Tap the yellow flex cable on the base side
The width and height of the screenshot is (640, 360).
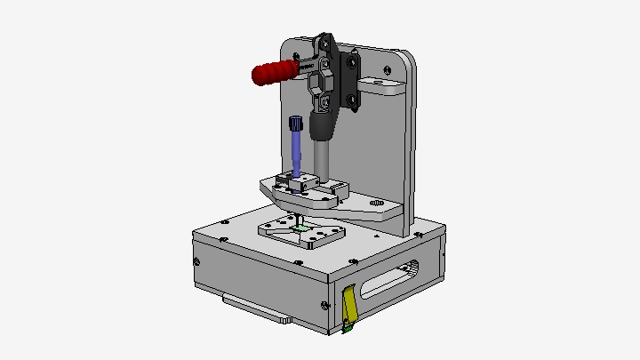coord(350,304)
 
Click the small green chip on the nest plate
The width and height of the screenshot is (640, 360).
coord(302,228)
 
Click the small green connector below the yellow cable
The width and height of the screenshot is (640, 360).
coord(348,330)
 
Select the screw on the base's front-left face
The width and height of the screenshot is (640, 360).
coord(198,262)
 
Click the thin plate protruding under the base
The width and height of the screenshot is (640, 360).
coord(258,309)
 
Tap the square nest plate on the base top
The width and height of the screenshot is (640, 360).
coord(302,234)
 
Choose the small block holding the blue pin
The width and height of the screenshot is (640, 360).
coord(296,183)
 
